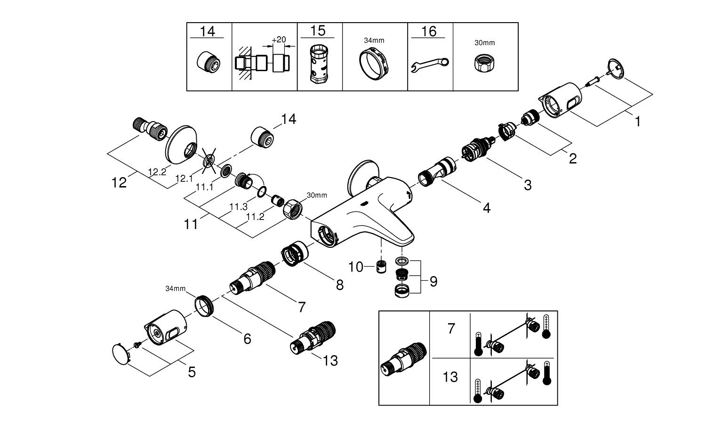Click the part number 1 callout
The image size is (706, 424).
tap(638, 122)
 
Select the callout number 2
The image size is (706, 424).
tap(572, 158)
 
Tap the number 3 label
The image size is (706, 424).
tap(528, 185)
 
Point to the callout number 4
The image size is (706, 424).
tap(486, 207)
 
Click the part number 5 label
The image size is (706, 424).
tap(192, 372)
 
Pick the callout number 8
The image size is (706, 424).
tap(339, 285)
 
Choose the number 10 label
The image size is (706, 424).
tap(356, 267)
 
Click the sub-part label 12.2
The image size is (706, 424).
tap(157, 172)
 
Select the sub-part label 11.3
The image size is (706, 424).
tap(238, 207)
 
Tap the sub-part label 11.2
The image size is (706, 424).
tap(255, 217)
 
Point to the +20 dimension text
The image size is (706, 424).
tap(279, 40)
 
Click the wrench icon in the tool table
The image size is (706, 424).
tap(430, 64)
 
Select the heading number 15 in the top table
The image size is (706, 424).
tap(318, 31)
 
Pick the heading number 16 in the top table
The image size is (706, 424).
tap(429, 32)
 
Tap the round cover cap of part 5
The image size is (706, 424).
tap(121, 354)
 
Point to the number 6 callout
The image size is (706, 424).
tap(247, 338)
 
